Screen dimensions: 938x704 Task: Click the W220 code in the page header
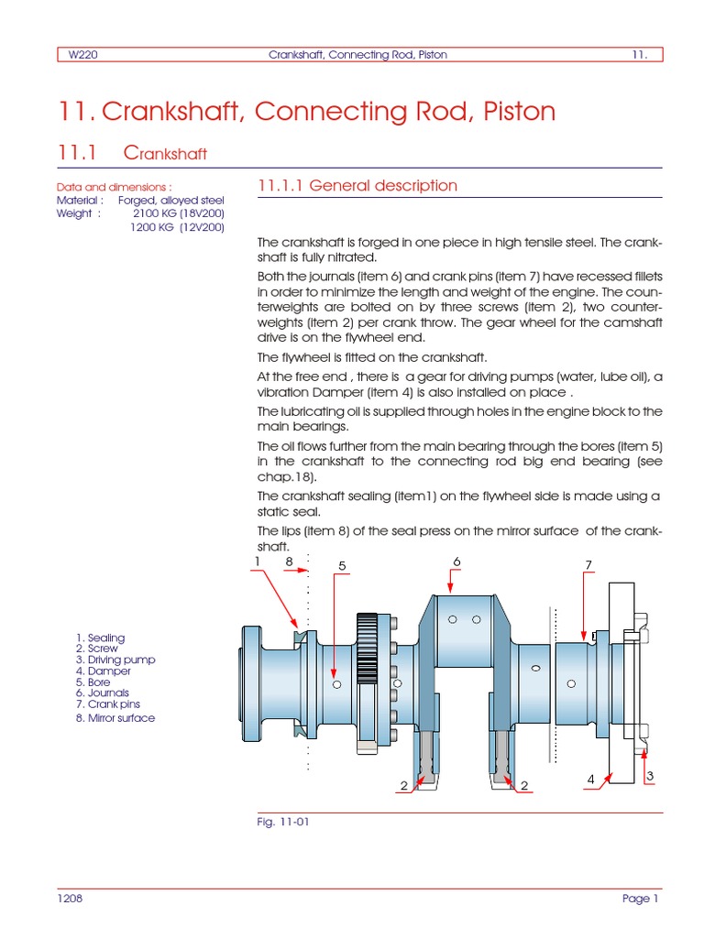pos(83,55)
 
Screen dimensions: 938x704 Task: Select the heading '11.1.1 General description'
pos(357,186)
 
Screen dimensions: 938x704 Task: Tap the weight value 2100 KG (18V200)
pos(179,213)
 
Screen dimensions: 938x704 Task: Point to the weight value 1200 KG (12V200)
pos(177,227)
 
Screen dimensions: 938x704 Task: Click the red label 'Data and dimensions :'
pos(115,186)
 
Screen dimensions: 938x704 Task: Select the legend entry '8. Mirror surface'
pos(115,719)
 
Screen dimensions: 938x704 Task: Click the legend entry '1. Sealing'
pos(101,638)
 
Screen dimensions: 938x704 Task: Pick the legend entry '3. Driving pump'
pos(115,660)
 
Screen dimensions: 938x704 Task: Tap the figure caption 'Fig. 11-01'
pos(283,823)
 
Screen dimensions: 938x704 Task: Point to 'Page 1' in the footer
pos(640,900)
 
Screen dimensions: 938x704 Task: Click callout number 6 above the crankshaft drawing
pos(456,561)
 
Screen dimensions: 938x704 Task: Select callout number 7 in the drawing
pos(588,565)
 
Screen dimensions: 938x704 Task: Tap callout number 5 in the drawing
pos(342,566)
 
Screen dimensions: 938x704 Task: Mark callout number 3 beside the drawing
pos(649,777)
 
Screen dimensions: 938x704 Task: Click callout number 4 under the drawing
pos(591,780)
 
